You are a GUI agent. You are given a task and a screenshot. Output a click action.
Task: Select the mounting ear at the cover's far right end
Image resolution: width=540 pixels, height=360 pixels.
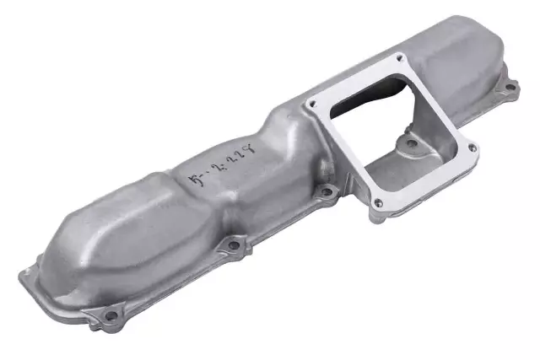509,87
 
